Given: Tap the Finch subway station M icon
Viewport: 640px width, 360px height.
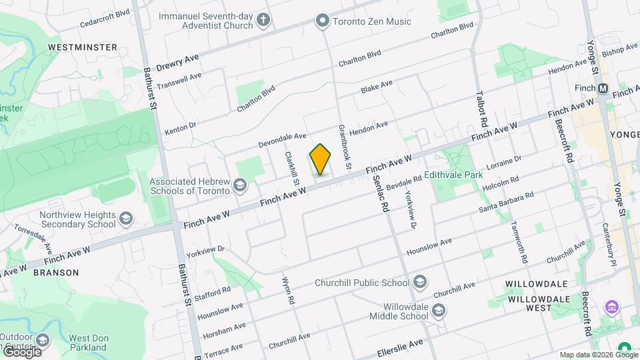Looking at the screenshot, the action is (x=603, y=88).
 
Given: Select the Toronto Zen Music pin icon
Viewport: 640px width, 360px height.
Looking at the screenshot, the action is (x=323, y=21).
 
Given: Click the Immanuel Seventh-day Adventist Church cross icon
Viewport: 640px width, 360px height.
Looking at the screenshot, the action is (x=263, y=19).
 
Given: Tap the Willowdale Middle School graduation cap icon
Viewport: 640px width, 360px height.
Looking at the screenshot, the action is (x=439, y=310).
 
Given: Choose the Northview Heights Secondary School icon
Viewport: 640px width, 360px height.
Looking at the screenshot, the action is (x=125, y=219).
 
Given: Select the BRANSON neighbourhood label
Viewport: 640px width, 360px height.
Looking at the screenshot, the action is (x=56, y=273).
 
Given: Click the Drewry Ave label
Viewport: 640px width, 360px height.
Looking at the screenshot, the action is (x=179, y=64).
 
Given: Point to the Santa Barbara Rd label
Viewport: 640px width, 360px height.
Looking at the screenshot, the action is (x=507, y=203).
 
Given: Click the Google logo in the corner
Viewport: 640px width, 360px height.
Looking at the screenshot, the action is (x=21, y=351).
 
